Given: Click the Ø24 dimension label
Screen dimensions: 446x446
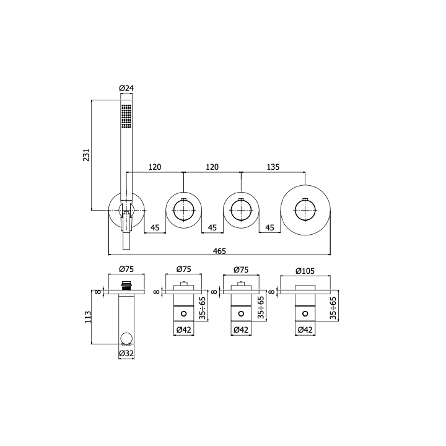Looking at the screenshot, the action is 126,88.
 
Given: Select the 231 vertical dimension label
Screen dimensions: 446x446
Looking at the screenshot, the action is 86,155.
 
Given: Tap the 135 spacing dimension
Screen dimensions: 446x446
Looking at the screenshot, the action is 273,167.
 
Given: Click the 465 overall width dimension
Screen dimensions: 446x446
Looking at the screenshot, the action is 219,251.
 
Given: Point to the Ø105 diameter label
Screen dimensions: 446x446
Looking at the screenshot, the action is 305,271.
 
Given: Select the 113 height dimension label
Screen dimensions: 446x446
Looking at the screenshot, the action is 88,317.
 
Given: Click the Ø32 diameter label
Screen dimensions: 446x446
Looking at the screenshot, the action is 126,353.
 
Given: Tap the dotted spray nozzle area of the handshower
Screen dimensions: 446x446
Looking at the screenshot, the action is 126,116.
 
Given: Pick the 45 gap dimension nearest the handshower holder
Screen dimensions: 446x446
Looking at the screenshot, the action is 155,227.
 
